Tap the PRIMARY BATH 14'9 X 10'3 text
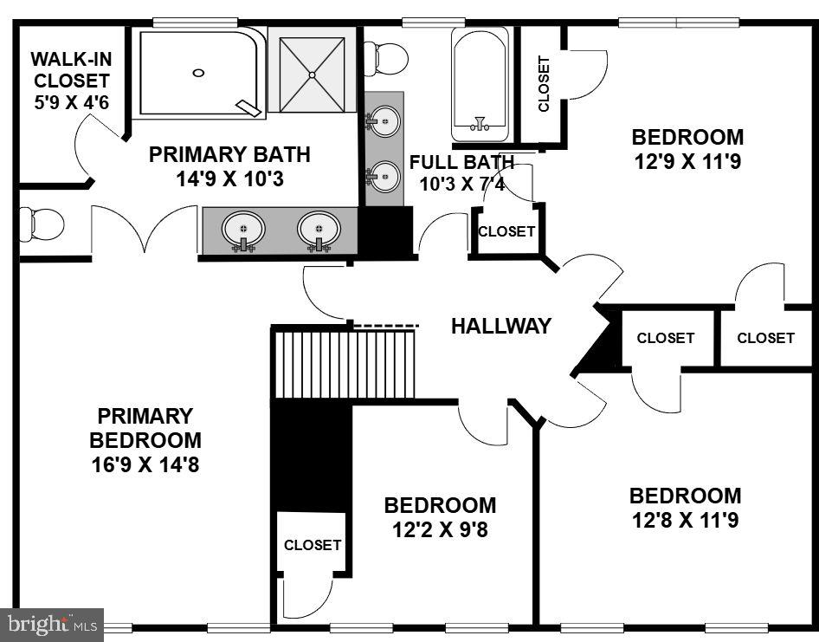tap(229, 166)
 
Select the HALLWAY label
tap(500, 326)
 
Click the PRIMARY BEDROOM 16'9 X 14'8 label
tap(145, 440)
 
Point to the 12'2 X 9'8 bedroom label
tap(440, 516)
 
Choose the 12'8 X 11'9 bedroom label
tap(685, 508)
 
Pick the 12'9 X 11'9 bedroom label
tap(687, 149)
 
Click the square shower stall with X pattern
tap(312, 69)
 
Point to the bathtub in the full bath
tap(480, 83)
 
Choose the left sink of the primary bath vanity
tap(243, 230)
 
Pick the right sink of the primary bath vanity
tap(319, 230)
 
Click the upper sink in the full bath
tap(384, 120)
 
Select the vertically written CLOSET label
tap(544, 84)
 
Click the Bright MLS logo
tap(51, 624)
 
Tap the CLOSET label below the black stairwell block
tap(313, 545)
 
